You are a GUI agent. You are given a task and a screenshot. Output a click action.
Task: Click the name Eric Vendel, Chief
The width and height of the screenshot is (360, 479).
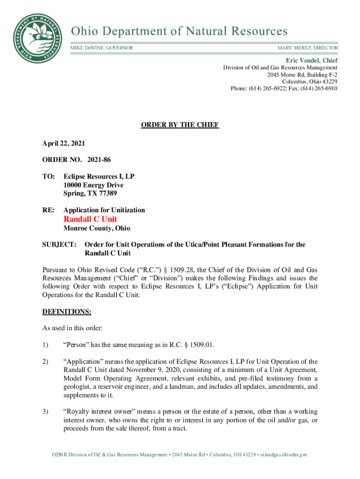point(312,60)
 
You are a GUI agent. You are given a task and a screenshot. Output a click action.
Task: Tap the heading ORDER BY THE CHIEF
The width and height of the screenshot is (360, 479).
point(180,125)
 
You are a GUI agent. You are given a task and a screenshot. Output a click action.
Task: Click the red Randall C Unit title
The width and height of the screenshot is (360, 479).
point(90,219)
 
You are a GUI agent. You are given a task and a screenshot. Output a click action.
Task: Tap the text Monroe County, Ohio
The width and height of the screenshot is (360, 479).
point(97,228)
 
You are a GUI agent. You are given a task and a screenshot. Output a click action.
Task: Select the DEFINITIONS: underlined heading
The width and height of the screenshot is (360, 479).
point(65,311)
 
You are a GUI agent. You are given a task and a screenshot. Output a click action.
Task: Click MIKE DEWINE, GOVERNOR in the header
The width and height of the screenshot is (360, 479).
point(101,48)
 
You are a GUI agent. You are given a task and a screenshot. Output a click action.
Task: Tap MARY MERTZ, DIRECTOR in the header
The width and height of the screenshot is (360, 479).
point(308,48)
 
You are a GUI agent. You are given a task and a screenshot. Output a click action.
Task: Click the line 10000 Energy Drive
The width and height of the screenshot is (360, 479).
point(94,185)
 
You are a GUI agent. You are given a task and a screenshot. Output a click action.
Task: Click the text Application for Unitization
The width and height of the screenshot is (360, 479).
point(104,210)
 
